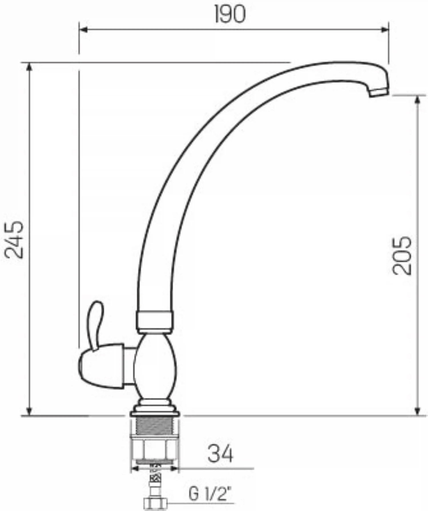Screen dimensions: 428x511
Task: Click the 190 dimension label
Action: pyautogui.click(x=230, y=14)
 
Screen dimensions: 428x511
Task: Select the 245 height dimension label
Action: pyautogui.click(x=14, y=239)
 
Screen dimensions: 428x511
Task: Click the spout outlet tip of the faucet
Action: pyautogui.click(x=379, y=93)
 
